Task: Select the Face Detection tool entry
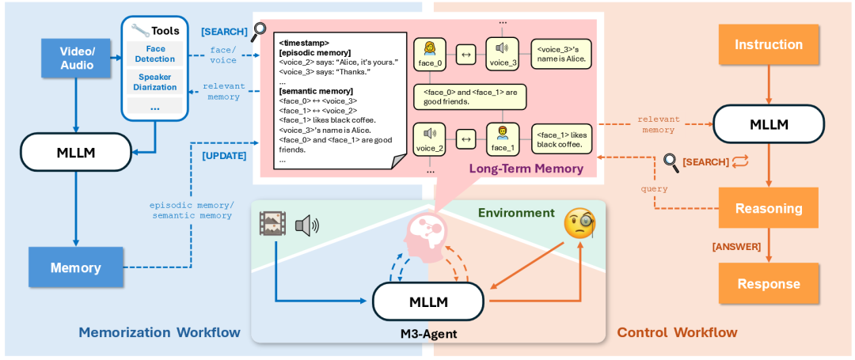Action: tap(154, 55)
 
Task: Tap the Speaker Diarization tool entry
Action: tap(154, 81)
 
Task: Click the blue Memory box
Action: tap(75, 267)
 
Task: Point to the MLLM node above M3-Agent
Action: tap(427, 301)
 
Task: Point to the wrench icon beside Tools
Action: tap(141, 31)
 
